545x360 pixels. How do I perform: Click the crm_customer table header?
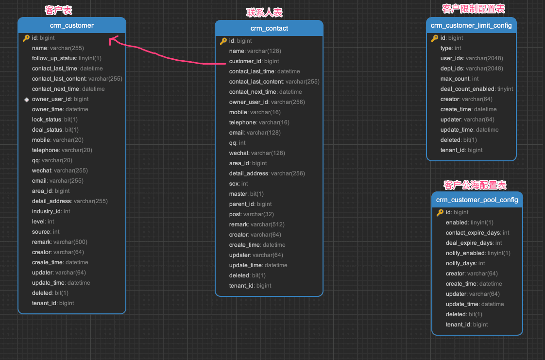pos(71,25)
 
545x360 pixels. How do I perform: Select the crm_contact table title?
pos(269,29)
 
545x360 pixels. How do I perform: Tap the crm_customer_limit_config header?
pos(471,25)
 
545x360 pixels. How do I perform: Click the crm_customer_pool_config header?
pos(477,200)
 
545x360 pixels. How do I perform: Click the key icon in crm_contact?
pos(223,41)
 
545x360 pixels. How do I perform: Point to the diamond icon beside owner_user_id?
pos(26,100)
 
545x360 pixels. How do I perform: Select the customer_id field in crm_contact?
pos(254,61)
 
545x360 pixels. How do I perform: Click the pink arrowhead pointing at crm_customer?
pos(112,40)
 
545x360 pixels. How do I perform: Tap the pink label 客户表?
pos(58,10)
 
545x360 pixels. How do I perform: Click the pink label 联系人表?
pos(264,13)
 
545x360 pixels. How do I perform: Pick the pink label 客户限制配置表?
pos(474,9)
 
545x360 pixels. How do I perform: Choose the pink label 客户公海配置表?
pos(475,185)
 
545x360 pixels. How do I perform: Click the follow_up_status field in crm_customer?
pos(67,58)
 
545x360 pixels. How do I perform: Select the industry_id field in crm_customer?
pos(51,211)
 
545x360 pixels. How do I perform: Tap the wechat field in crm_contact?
pos(257,153)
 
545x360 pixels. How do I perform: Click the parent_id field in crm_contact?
pos(250,204)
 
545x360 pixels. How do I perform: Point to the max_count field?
pos(459,79)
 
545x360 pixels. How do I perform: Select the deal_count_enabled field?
pos(477,89)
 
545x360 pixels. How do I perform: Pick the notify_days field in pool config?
pos(465,263)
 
